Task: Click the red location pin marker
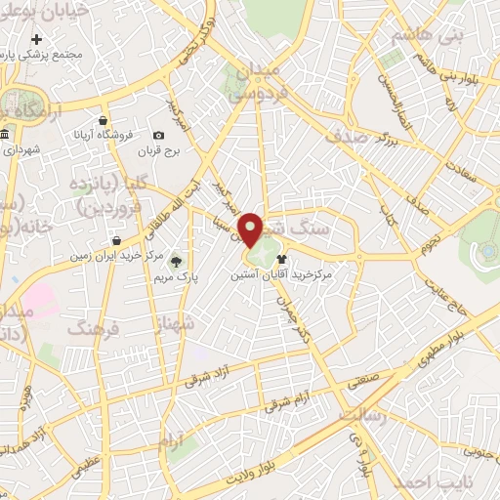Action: pos(252,229)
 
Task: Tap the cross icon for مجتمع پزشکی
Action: pos(37,40)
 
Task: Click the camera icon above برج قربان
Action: pos(158,135)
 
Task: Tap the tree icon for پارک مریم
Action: pos(177,261)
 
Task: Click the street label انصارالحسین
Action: pos(383,95)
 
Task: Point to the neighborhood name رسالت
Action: pos(363,416)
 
